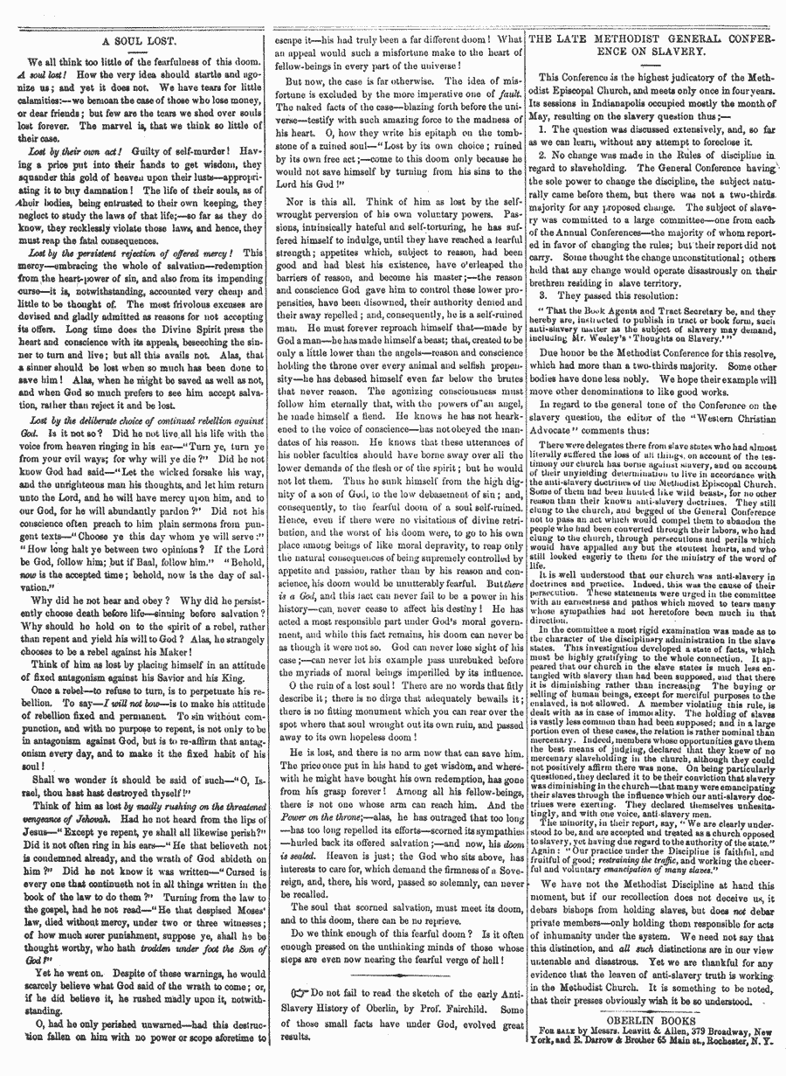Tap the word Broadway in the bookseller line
(x=703, y=1031)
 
